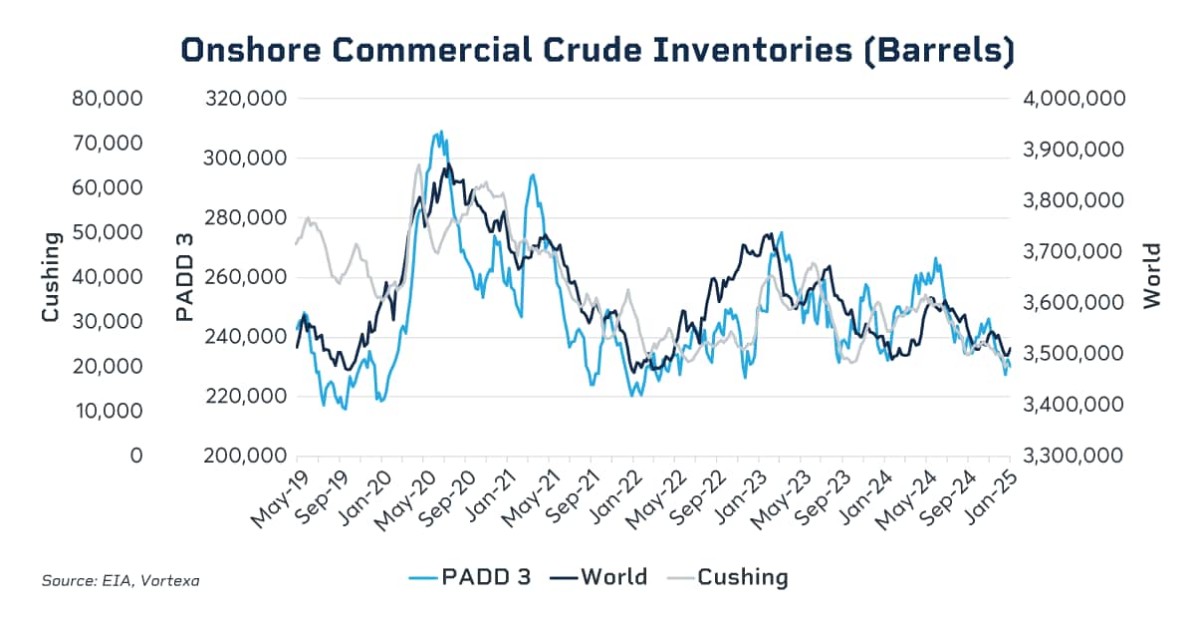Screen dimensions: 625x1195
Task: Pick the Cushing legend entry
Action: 728,576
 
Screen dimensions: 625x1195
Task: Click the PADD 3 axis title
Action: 184,277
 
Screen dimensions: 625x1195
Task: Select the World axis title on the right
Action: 1152,276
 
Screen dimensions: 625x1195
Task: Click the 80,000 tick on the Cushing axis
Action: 109,99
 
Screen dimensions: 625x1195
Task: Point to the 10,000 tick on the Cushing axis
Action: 109,411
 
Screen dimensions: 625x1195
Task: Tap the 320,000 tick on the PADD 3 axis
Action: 245,99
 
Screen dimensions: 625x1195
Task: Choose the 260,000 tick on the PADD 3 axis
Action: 245,277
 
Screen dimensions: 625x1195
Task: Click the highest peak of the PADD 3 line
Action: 439,132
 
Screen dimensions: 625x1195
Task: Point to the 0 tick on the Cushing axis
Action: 136,456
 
